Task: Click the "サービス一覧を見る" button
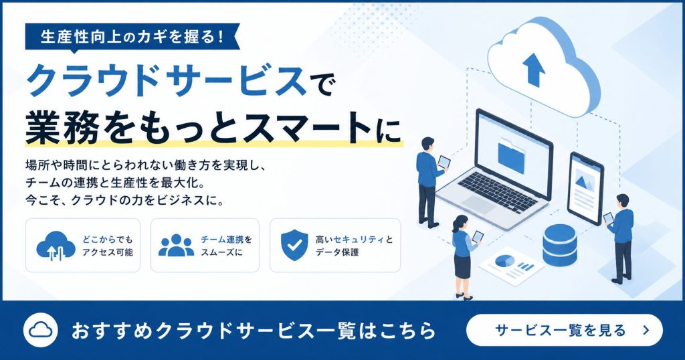tap(565, 331)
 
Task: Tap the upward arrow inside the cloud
tap(534, 69)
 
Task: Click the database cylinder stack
tap(560, 246)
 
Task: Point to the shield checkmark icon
tap(294, 245)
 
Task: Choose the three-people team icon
tap(176, 246)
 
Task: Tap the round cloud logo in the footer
tap(41, 331)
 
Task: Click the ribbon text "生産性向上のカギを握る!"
tap(132, 36)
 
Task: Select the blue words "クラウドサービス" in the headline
tap(167, 81)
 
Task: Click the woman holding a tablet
tap(464, 258)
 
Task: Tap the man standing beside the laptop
tap(429, 182)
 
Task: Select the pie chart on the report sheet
tap(504, 261)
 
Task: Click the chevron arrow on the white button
tap(646, 331)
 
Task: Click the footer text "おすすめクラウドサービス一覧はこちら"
tap(254, 331)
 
